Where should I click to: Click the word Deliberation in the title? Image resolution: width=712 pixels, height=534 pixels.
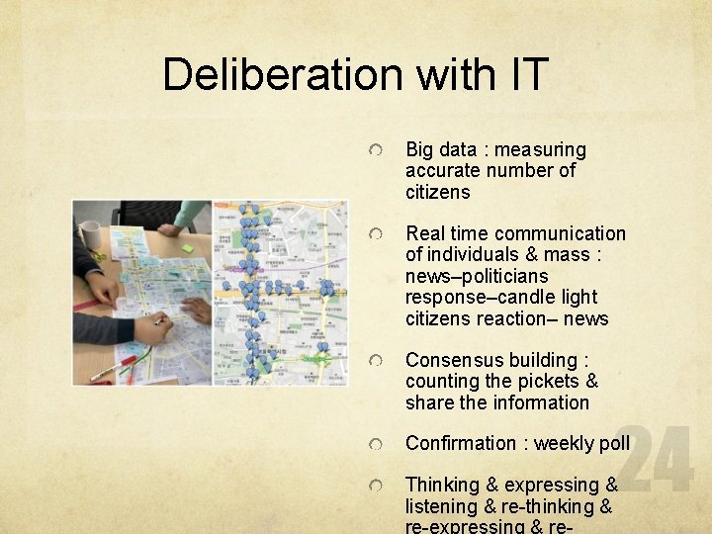[x=282, y=74]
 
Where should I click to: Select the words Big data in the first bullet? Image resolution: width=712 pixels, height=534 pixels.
[x=442, y=150]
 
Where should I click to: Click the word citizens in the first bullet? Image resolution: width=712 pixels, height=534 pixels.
[x=437, y=192]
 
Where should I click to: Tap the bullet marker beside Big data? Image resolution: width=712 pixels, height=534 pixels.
[x=377, y=150]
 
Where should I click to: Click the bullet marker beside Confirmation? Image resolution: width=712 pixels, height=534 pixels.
[x=377, y=444]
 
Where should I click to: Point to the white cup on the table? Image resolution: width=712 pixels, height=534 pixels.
[x=90, y=234]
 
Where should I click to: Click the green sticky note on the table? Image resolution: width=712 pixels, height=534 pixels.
[x=186, y=247]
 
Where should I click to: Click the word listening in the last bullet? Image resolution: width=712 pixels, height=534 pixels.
[x=442, y=506]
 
